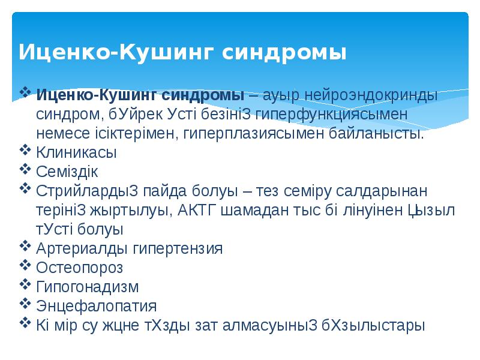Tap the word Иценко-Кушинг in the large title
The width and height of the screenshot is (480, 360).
(x=115, y=52)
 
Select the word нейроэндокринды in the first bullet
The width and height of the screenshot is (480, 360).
(x=371, y=95)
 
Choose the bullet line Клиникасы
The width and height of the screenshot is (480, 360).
(x=77, y=152)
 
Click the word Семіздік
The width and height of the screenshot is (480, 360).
(x=67, y=172)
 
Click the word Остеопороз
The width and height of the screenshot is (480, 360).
(x=80, y=268)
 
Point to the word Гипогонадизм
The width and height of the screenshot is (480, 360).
(x=88, y=287)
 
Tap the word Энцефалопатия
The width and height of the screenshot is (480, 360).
(x=97, y=306)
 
